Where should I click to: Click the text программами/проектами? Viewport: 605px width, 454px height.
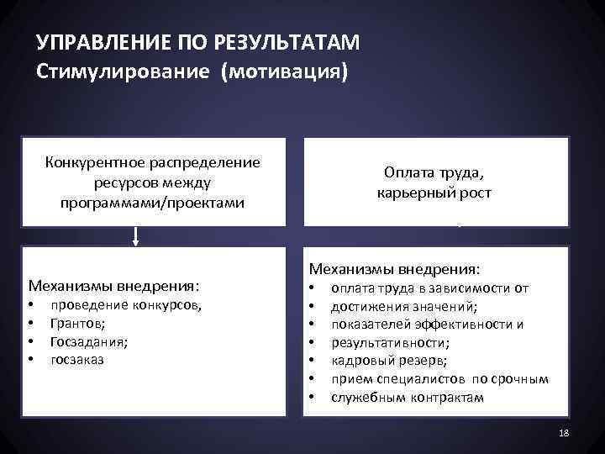pos(153,203)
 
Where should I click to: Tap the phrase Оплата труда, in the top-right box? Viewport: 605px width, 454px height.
pos(434,173)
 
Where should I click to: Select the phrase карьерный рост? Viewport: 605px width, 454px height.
pos(434,193)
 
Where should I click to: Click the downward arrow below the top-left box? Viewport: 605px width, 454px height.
pos(135,237)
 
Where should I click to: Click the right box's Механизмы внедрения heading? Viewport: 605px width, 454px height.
pos(395,269)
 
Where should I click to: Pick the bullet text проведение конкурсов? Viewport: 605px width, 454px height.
pos(126,305)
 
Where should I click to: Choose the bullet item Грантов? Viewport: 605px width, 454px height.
pos(77,323)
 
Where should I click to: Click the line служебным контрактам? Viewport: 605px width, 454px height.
pos(408,397)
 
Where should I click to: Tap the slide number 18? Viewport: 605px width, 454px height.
pos(563,432)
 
